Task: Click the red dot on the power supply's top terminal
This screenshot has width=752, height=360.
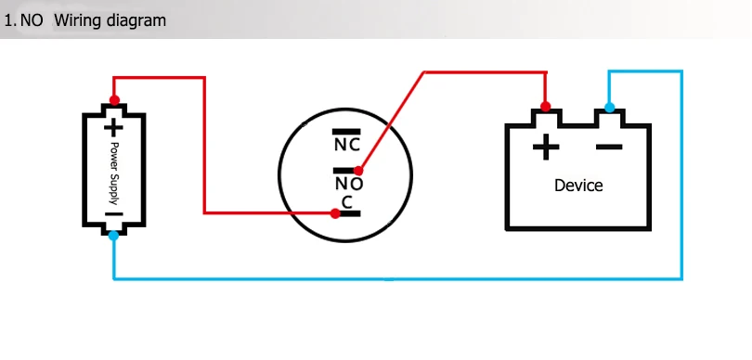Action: point(114,100)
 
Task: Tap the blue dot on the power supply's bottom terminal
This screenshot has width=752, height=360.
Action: point(113,236)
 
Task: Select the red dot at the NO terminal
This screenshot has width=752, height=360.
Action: point(358,170)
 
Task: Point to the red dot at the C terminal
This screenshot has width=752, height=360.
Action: point(335,213)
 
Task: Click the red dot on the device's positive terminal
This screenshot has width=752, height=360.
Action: point(545,106)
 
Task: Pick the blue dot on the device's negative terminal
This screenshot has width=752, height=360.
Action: point(609,108)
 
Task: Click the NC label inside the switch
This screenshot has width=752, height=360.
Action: point(346,145)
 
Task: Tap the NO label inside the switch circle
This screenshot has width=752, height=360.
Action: point(349,184)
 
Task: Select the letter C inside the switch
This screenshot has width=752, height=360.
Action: point(346,202)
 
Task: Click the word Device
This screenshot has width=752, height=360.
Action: point(578,186)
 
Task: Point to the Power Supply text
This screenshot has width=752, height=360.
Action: point(113,174)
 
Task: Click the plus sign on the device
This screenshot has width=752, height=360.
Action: point(546,148)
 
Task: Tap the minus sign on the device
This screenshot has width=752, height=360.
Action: point(609,148)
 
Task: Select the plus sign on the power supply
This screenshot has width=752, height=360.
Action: point(113,128)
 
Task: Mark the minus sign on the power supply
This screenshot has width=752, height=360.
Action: point(113,214)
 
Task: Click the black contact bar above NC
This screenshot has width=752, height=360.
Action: point(346,132)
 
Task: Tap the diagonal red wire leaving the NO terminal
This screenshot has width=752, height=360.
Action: point(392,122)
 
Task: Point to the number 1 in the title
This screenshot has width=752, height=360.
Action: point(8,20)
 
